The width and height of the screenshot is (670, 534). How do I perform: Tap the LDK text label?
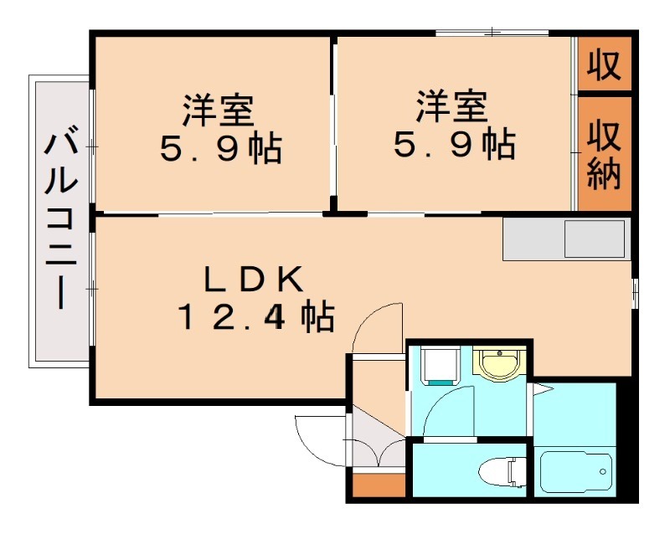tap(255, 280)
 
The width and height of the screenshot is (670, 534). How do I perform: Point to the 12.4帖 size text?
tap(255, 316)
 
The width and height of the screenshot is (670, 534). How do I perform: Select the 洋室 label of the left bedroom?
tap(219, 110)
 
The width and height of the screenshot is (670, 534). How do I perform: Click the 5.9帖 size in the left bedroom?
tap(221, 149)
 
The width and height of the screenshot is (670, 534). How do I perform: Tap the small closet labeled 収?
tap(604, 64)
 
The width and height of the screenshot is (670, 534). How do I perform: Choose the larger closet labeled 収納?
tap(604, 154)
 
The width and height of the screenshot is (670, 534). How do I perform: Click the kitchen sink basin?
tap(595, 239)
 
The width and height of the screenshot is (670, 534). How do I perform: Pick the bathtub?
tap(575, 471)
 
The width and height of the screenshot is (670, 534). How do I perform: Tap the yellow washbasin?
tap(498, 364)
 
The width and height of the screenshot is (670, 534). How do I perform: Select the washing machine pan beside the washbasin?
tap(441, 365)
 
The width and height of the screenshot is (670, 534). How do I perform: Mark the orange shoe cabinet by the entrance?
tap(379, 485)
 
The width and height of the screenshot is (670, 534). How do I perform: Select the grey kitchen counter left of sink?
tap(533, 239)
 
